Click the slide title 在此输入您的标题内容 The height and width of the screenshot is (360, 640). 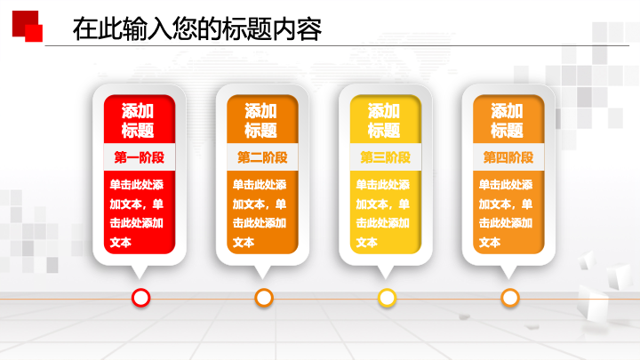(x=197, y=29)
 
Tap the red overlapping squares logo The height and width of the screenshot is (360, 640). (x=28, y=26)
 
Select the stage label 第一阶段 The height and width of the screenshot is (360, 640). (x=140, y=157)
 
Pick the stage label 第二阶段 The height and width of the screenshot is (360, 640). (x=262, y=157)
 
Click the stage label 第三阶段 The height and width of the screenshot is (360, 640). (x=385, y=157)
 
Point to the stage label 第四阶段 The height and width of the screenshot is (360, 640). (x=508, y=157)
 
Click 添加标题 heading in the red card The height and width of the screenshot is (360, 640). (x=138, y=120)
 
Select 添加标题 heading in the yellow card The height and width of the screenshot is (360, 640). (x=384, y=120)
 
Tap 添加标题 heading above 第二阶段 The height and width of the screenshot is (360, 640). (x=260, y=120)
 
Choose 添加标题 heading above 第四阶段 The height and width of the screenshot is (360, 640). (x=507, y=120)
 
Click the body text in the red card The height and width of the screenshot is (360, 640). (x=136, y=213)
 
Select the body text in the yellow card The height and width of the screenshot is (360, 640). (x=382, y=213)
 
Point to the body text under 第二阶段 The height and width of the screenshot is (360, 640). (x=260, y=213)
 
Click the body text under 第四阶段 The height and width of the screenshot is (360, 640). (x=506, y=213)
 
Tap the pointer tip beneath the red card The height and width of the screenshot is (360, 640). (x=140, y=279)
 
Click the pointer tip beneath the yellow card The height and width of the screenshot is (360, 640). (x=385, y=279)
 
